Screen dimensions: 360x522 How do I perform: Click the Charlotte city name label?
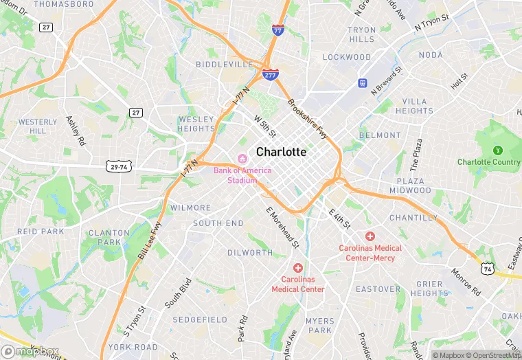(281, 152)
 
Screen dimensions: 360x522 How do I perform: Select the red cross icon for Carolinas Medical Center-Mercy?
(370, 236)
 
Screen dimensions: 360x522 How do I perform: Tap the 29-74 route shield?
(118, 167)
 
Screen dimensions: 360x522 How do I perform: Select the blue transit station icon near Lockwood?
(362, 83)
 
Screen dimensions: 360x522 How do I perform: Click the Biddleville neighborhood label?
(225, 64)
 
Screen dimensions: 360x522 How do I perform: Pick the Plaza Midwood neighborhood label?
(410, 185)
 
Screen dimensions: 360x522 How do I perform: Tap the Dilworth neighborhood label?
(250, 253)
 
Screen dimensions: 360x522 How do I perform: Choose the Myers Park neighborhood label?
(320, 326)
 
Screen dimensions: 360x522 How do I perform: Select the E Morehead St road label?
(282, 227)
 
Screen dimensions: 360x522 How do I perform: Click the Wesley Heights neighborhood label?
(196, 124)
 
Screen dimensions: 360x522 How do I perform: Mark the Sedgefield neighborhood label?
(200, 319)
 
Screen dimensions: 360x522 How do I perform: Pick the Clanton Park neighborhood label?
(109, 237)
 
